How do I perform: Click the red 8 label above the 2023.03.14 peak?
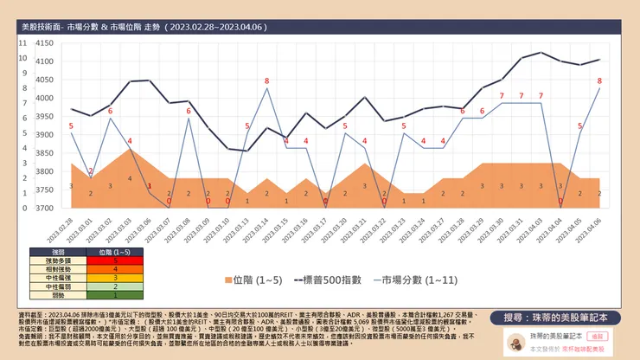(x=266, y=80)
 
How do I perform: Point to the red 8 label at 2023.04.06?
(x=599, y=80)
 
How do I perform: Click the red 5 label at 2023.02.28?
(x=71, y=126)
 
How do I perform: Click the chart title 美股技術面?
(x=48, y=29)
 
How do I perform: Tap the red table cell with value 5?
(x=115, y=260)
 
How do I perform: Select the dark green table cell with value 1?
(x=115, y=294)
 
